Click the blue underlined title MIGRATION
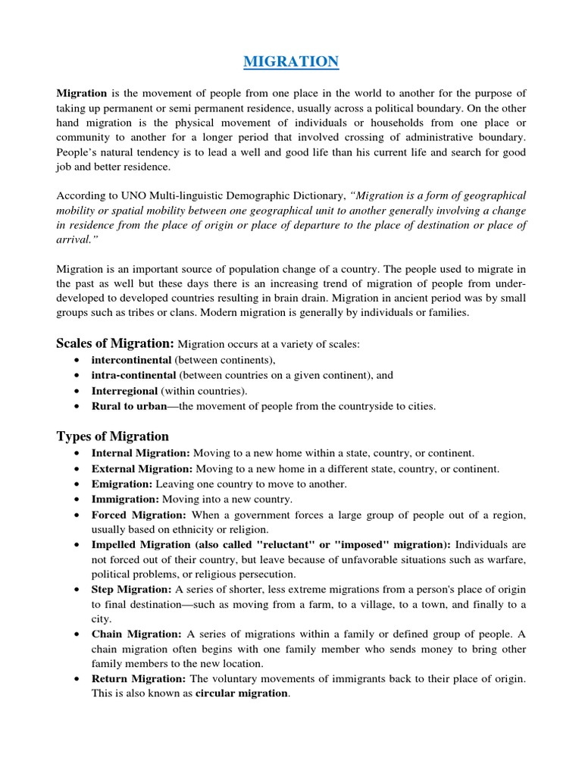(291, 61)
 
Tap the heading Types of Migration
(113, 436)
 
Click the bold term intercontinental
(129, 360)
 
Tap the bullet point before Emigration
(80, 484)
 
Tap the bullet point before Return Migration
(80, 678)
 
